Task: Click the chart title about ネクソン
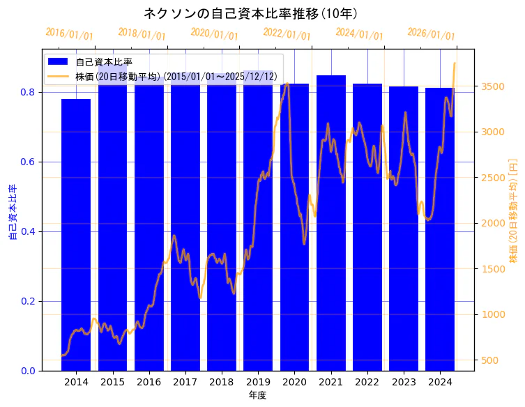click(x=250, y=13)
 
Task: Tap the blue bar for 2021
click(x=330, y=223)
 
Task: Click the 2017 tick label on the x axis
click(x=185, y=382)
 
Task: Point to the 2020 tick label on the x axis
click(x=294, y=382)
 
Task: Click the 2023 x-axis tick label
click(x=403, y=382)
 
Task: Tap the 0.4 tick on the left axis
click(x=29, y=231)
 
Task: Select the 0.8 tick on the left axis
click(x=29, y=92)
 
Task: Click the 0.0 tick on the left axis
click(x=29, y=371)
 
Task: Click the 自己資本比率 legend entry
click(x=104, y=62)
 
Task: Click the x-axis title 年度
click(x=257, y=395)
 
